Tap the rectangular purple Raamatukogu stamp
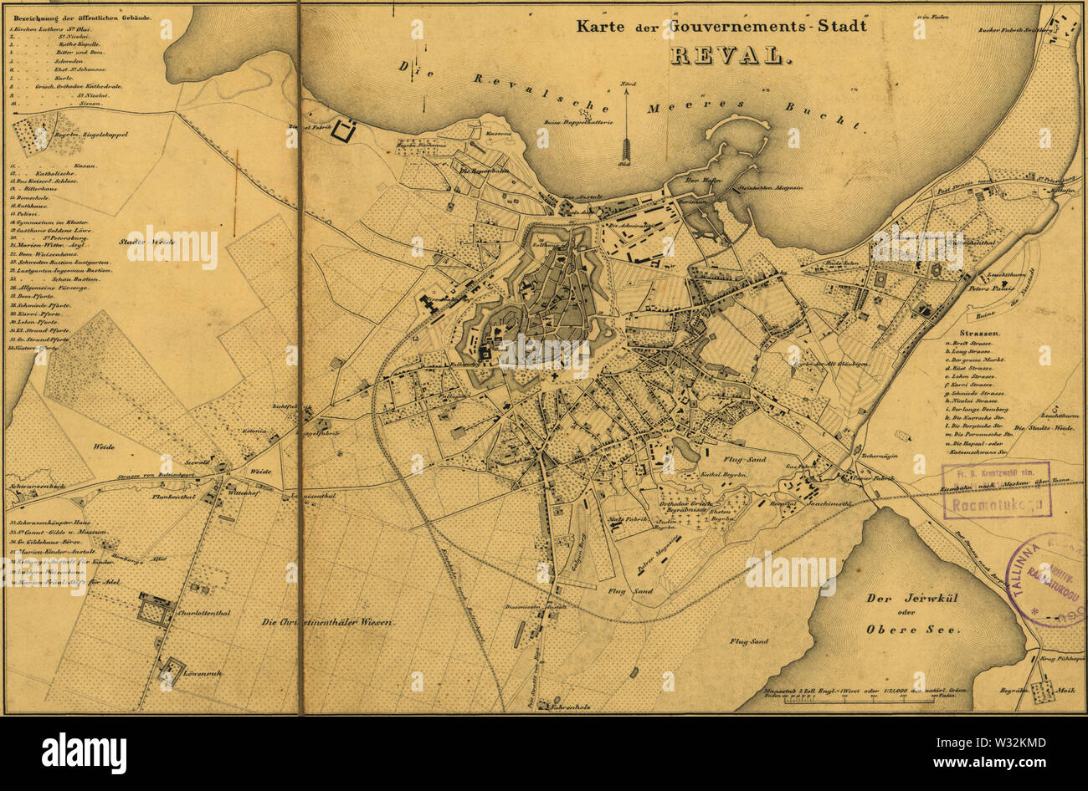(996, 490)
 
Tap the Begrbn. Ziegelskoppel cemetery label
(92, 133)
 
